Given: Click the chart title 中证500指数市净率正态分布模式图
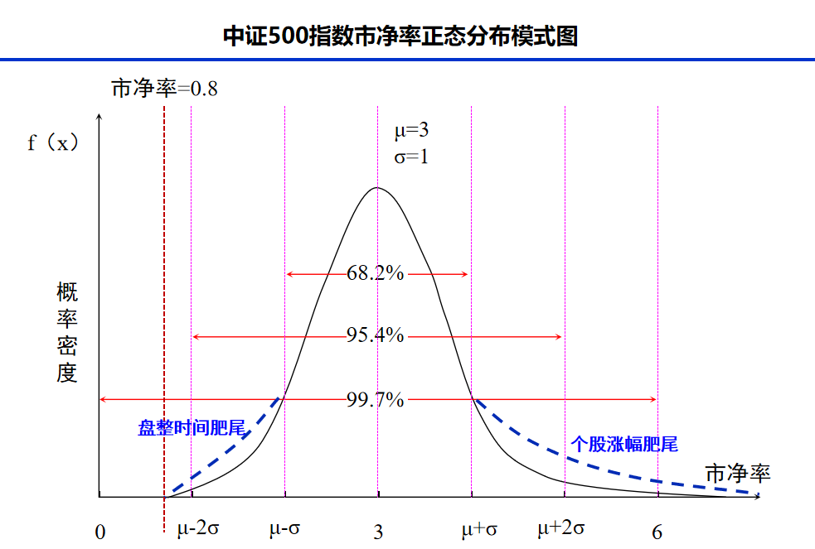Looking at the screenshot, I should (x=400, y=36).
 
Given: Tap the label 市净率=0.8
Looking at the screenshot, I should (x=165, y=89).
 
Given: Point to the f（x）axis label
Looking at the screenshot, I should (x=53, y=142).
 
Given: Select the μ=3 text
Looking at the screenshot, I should (x=411, y=130).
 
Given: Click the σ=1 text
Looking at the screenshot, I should (x=411, y=156).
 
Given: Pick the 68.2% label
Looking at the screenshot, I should (x=375, y=273).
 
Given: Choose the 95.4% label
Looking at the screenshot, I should (x=375, y=335).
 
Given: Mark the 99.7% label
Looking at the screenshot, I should (x=375, y=399).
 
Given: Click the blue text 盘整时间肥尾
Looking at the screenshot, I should (x=192, y=428).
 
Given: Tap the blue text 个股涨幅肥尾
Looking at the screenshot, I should (x=624, y=444).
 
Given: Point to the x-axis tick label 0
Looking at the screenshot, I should (x=100, y=532).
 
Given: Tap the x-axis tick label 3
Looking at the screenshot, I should (x=378, y=532).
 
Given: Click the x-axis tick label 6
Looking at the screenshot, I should (x=657, y=532).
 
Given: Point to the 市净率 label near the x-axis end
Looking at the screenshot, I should (x=738, y=474).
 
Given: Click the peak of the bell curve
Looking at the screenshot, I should (x=377, y=188).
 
